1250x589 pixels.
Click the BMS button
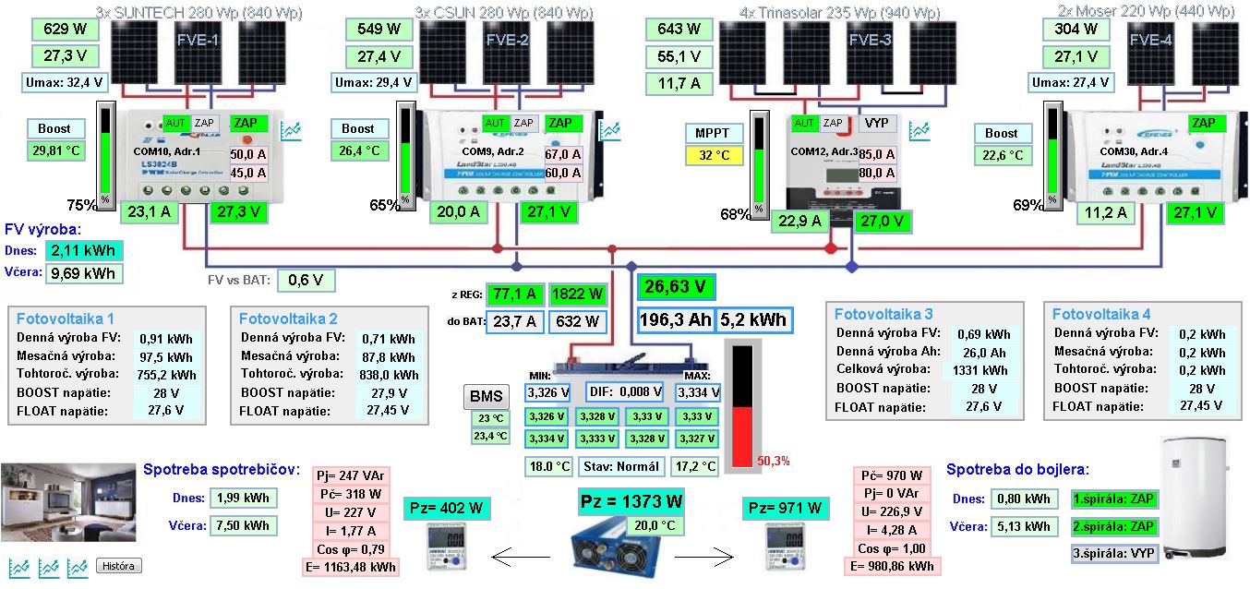tap(487, 397)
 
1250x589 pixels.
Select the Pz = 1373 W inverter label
tap(632, 501)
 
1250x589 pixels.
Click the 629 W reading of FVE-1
tap(65, 29)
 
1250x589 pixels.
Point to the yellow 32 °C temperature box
tap(714, 155)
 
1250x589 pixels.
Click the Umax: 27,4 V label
tap(1072, 82)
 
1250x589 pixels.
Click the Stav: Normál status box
tap(621, 466)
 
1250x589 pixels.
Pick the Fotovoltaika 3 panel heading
tap(883, 314)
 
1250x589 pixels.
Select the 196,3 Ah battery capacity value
tap(675, 320)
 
